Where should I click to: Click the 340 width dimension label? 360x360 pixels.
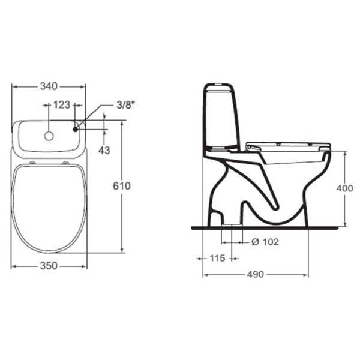[x=49, y=86]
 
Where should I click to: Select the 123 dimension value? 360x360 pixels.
[x=62, y=105]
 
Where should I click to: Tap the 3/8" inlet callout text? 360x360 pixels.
[x=125, y=105]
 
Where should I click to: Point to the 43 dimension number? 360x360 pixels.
[x=104, y=151]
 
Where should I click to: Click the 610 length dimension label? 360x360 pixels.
[x=122, y=186]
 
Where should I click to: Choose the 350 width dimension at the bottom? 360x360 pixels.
[x=49, y=266]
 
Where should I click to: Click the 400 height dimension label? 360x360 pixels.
[x=345, y=188]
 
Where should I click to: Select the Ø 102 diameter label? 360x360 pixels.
[x=265, y=242]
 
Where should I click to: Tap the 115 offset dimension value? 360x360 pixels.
[x=217, y=258]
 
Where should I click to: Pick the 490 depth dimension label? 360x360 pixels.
[x=256, y=274]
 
